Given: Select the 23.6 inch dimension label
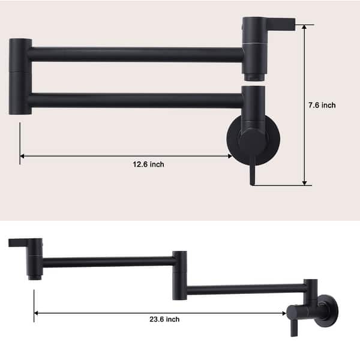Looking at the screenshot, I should pyautogui.click(x=164, y=320).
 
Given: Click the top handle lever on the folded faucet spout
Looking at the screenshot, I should pyautogui.click(x=276, y=23).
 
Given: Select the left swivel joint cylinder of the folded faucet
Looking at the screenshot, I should pyautogui.click(x=20, y=76).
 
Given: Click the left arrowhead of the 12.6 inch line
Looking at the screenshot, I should pyautogui.click(x=23, y=156).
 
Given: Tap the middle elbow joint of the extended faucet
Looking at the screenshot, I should pyautogui.click(x=179, y=274).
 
